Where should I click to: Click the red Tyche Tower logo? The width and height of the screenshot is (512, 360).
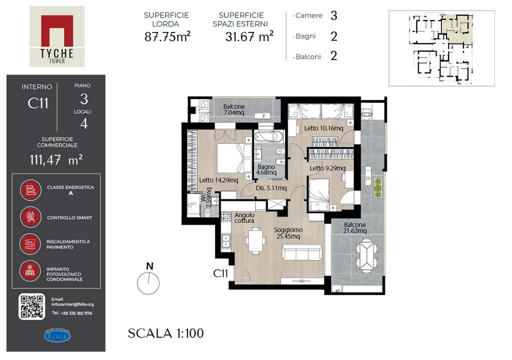[57, 36]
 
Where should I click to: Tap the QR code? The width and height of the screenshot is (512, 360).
[31, 306]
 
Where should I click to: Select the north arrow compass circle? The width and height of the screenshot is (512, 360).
[148, 283]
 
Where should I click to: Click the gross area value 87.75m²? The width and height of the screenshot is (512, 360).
[167, 36]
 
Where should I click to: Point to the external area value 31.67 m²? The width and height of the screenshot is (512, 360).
[249, 36]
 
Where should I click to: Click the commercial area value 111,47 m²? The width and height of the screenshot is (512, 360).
[56, 159]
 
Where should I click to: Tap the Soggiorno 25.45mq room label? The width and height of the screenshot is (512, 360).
[288, 233]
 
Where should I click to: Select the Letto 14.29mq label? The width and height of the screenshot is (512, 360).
[218, 180]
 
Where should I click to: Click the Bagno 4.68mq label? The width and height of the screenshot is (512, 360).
[266, 169]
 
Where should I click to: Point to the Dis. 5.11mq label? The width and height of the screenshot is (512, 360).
[271, 188]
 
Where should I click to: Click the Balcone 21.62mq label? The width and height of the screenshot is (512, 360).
[354, 227]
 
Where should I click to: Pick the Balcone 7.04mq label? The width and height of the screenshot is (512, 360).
[234, 109]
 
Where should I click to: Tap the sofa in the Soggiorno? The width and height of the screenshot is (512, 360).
[301, 252]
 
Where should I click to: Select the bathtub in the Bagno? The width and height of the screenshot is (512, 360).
[269, 136]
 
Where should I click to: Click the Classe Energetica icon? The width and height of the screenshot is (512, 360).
[30, 190]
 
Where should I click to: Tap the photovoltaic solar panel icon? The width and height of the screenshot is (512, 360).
[30, 271]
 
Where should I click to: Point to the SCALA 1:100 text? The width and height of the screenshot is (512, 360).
[165, 333]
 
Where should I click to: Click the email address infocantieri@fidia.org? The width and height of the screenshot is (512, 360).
[72, 304]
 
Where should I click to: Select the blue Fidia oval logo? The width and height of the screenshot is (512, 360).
[57, 336]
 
